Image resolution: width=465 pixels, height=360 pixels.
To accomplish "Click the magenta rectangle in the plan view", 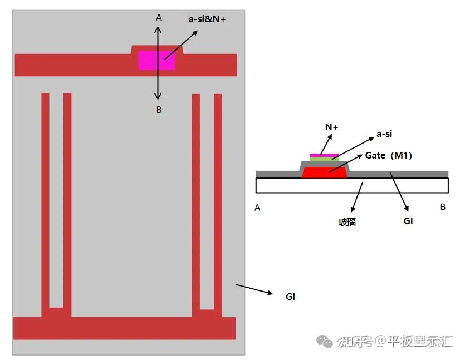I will pyautogui.click(x=156, y=60).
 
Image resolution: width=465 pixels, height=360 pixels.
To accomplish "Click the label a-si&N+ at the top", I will pyautogui.click(x=207, y=19).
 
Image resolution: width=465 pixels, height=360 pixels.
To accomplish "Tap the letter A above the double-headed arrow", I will pyautogui.click(x=159, y=18).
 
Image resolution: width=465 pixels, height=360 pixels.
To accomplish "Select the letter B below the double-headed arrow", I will pyautogui.click(x=159, y=110).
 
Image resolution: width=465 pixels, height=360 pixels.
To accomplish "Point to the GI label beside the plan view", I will pyautogui.click(x=290, y=297).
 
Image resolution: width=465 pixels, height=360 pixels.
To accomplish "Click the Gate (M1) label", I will pyautogui.click(x=388, y=155).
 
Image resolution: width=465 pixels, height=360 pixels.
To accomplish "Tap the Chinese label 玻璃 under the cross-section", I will pyautogui.click(x=347, y=221).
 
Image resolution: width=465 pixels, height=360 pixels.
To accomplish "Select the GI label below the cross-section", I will pyautogui.click(x=408, y=220).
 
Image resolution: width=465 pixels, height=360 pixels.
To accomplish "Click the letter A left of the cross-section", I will pyautogui.click(x=257, y=208).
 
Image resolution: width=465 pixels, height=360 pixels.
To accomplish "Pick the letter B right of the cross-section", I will pyautogui.click(x=443, y=207).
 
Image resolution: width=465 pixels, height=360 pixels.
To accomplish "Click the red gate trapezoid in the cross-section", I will pyautogui.click(x=325, y=172).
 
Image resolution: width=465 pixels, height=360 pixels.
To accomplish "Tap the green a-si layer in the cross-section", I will pyautogui.click(x=324, y=159).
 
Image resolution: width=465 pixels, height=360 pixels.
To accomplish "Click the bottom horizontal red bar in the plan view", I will pyautogui.click(x=124, y=328).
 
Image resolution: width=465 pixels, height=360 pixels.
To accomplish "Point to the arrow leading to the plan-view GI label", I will pyautogui.click(x=254, y=289).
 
